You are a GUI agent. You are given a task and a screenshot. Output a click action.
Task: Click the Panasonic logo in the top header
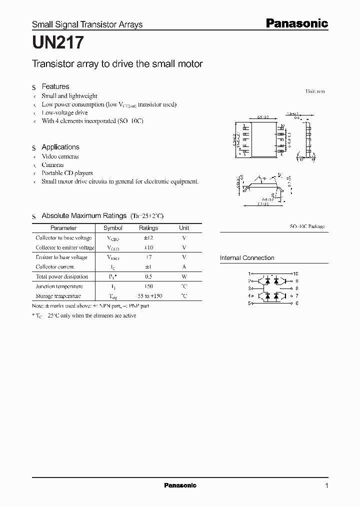pyautogui.click(x=296, y=23)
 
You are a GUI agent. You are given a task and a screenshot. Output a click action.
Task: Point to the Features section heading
pyautogui.click(x=55, y=86)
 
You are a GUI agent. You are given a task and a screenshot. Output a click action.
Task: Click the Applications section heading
pyautogui.click(x=60, y=147)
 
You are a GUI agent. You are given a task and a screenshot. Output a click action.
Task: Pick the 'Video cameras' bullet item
pyautogui.click(x=60, y=156)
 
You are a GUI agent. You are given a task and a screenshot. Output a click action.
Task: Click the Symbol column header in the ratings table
pyautogui.click(x=112, y=228)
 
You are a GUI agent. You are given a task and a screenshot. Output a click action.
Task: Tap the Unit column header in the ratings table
pyautogui.click(x=184, y=228)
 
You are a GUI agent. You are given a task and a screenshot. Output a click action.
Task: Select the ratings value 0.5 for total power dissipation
pyautogui.click(x=148, y=276)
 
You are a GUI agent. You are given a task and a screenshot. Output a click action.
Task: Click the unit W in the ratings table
pyautogui.click(x=184, y=276)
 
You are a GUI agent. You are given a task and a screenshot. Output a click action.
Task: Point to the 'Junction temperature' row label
pyautogui.click(x=59, y=286)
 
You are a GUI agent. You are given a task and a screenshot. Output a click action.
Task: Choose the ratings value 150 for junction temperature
pyautogui.click(x=148, y=286)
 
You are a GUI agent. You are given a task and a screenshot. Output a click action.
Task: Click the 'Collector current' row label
pyautogui.click(x=54, y=267)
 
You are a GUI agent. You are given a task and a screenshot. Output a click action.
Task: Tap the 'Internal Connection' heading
pyautogui.click(x=247, y=258)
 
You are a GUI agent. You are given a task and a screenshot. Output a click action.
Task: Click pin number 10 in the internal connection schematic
pyautogui.click(x=296, y=274)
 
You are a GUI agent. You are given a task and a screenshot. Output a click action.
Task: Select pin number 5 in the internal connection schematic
pyautogui.click(x=249, y=303)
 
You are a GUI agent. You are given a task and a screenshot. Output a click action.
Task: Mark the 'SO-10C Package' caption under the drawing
pyautogui.click(x=307, y=226)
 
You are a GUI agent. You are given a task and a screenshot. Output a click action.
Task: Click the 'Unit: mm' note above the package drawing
pyautogui.click(x=315, y=91)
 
